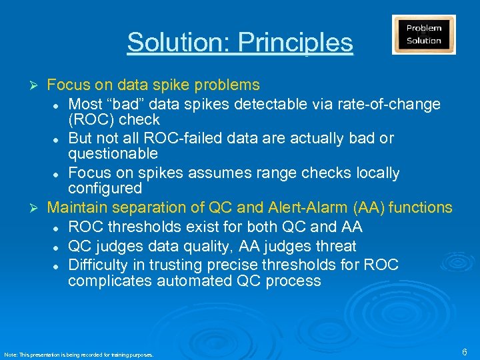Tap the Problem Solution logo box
pyautogui.click(x=424, y=35)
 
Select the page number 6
pyautogui.click(x=464, y=351)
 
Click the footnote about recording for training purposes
pyautogui.click(x=79, y=355)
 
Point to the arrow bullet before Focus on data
pyautogui.click(x=38, y=85)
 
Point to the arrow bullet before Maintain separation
pyautogui.click(x=38, y=208)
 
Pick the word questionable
pyautogui.click(x=113, y=154)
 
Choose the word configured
pyautogui.click(x=105, y=189)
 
